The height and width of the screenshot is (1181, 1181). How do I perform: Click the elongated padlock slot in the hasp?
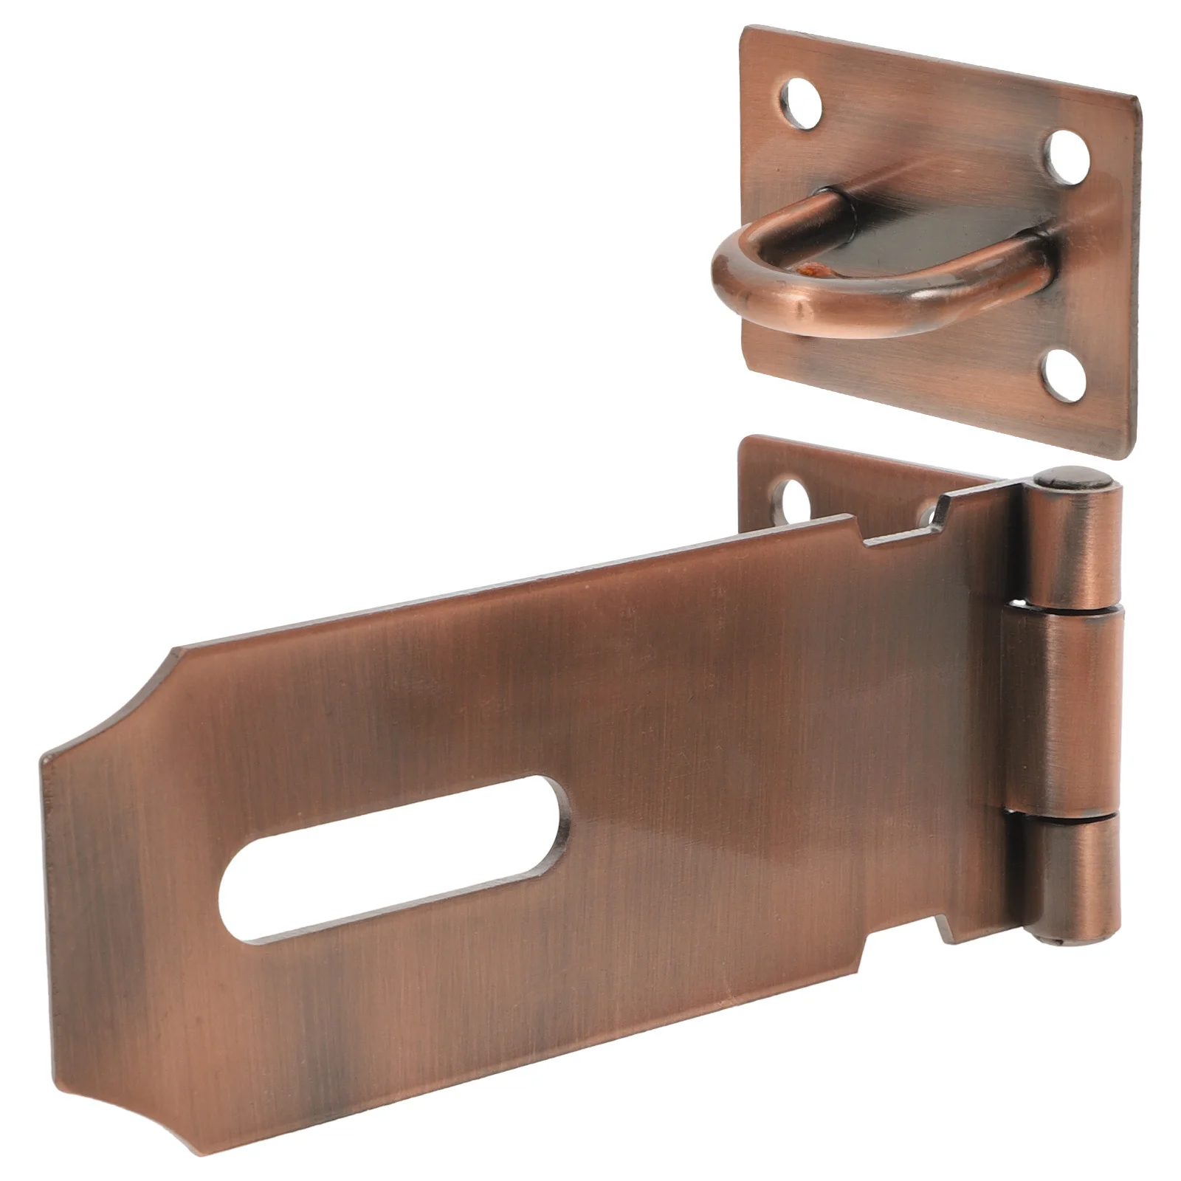395,860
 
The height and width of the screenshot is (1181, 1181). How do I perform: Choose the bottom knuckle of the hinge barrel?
1070,878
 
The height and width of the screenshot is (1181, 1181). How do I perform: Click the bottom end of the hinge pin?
1063,941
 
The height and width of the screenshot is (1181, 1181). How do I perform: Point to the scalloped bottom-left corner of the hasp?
81,1100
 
